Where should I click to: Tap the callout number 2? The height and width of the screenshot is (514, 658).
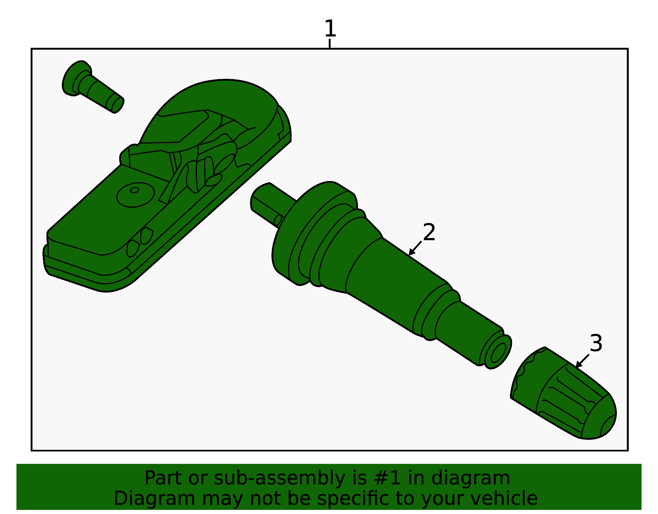(429, 232)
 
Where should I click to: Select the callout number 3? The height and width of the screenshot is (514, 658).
(596, 343)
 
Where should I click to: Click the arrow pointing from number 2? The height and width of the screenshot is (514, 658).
(415, 249)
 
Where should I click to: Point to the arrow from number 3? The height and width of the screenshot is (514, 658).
(582, 361)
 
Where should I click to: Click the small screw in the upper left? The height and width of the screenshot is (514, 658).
(92, 87)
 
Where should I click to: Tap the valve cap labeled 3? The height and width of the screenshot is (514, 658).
(563, 394)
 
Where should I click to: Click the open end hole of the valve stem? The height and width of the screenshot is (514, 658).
(498, 353)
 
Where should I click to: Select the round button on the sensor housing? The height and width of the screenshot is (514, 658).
(135, 195)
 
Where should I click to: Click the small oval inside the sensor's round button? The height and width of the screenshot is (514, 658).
(134, 190)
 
